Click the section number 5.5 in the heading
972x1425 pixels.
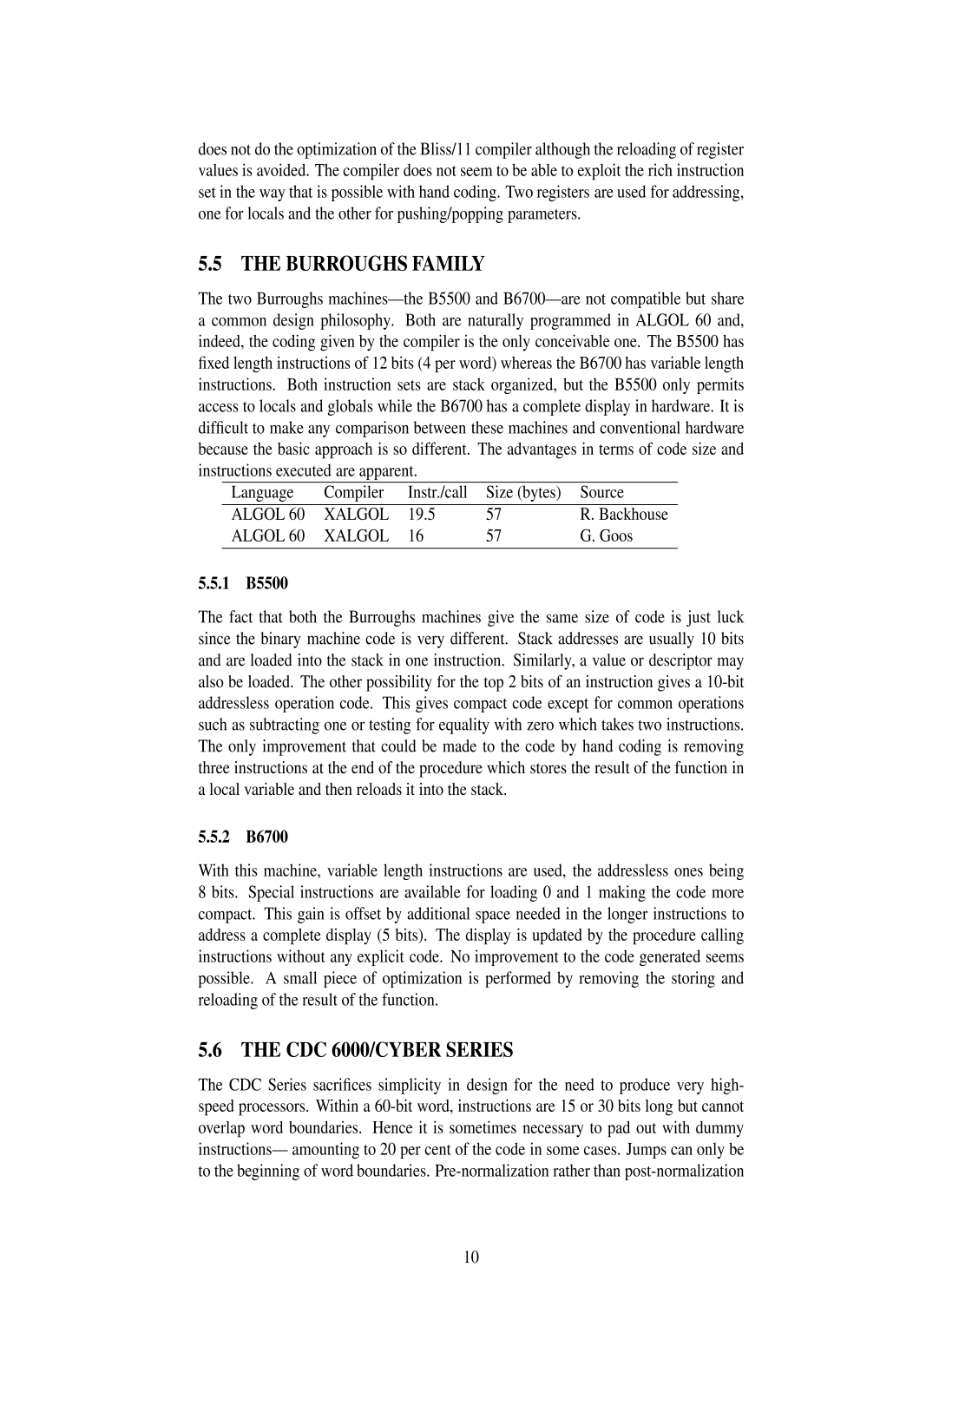coord(210,265)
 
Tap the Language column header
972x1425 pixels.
coord(262,493)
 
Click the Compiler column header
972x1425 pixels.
coord(353,493)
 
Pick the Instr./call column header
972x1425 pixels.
coord(437,493)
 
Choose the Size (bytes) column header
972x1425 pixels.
coord(523,493)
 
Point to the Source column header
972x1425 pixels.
coord(601,493)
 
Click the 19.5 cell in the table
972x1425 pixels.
coord(422,515)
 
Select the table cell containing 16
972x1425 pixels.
coord(416,536)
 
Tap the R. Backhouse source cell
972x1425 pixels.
coord(623,515)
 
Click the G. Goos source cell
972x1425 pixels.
coord(606,536)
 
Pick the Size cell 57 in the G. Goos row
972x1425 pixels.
coord(494,536)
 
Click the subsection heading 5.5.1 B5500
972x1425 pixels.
coord(243,583)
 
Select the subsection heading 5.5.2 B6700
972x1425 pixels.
coord(243,837)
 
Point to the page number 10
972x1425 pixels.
coord(471,1258)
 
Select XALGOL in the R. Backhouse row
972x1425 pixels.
coord(356,515)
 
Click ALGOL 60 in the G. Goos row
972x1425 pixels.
coord(267,536)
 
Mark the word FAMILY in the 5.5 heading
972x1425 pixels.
coord(453,265)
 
